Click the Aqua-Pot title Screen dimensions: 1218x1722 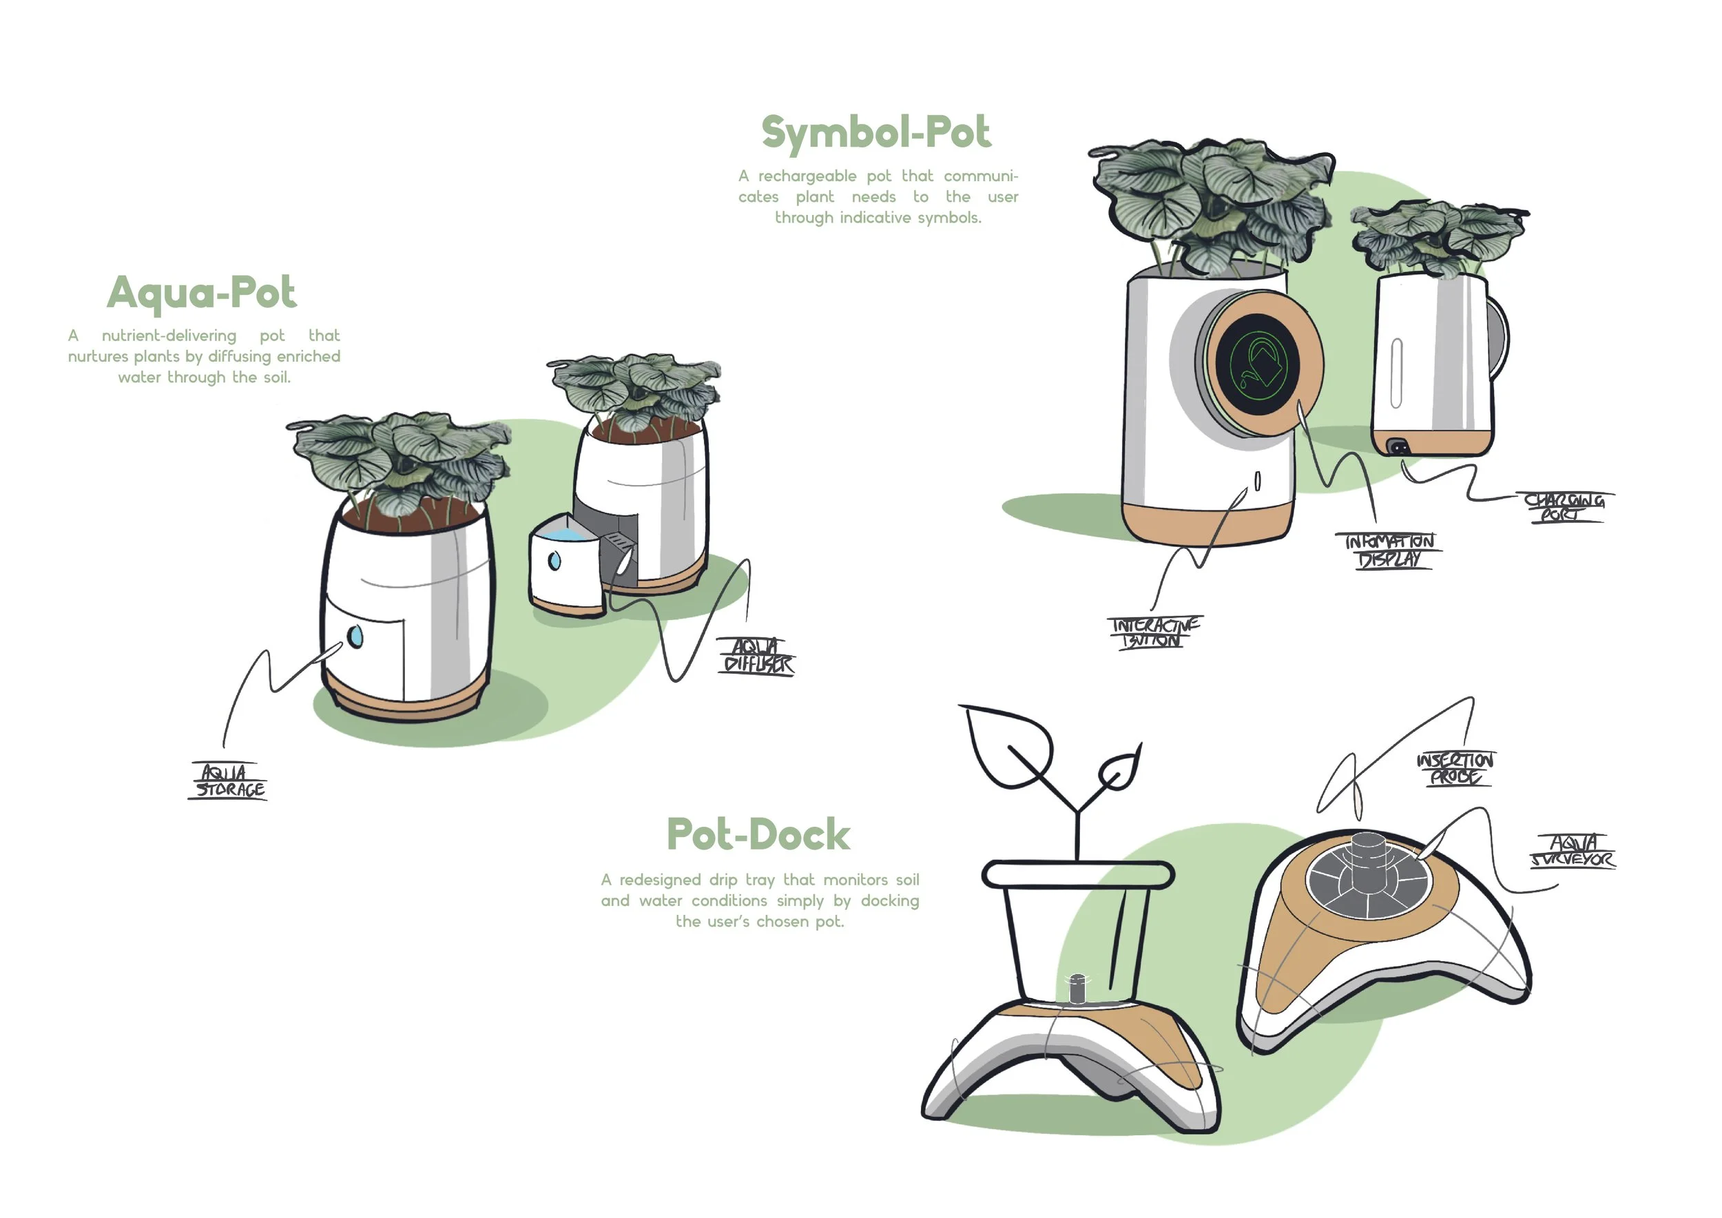tap(202, 293)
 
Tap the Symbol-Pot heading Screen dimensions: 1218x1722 tap(875, 133)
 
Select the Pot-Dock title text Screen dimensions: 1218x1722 tap(758, 835)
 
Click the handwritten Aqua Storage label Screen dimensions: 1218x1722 tap(229, 781)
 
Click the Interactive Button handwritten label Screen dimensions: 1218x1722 tap(1154, 632)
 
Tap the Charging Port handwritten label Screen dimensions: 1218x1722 tap(1563, 507)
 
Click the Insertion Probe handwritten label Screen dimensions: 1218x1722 tap(1454, 768)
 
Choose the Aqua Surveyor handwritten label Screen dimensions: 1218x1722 tap(1573, 851)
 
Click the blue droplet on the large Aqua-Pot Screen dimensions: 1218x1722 tap(355, 636)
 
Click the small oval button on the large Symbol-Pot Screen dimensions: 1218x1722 tap(1258, 480)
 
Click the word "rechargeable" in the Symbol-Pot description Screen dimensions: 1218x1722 tap(807, 176)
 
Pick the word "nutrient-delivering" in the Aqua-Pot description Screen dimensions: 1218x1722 tap(169, 336)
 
